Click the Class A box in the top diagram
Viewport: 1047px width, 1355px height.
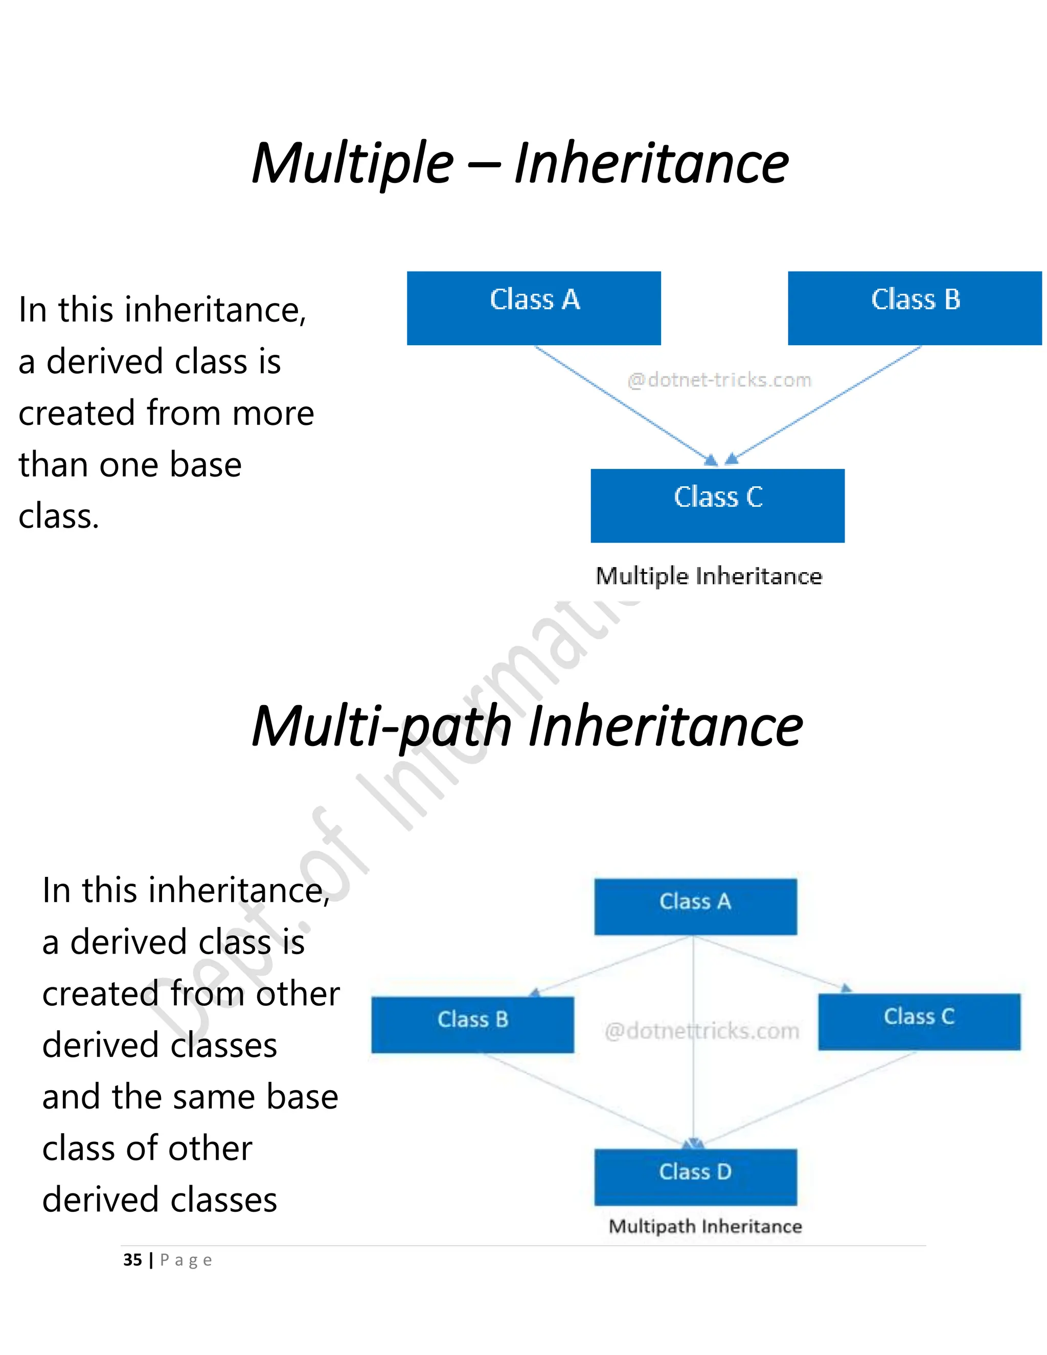pyautogui.click(x=533, y=308)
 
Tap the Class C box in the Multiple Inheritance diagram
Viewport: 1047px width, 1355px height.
pyautogui.click(x=717, y=505)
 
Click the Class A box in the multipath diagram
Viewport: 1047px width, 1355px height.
pyautogui.click(x=695, y=906)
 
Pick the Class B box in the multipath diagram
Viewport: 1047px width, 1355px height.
pyautogui.click(x=473, y=1024)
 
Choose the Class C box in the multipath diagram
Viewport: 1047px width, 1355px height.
pyautogui.click(x=919, y=1021)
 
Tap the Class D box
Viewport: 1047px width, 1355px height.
pyautogui.click(x=695, y=1177)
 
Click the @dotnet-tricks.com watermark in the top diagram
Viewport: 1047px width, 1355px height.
pyautogui.click(x=719, y=380)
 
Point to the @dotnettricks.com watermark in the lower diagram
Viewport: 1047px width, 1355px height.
pyautogui.click(x=701, y=1031)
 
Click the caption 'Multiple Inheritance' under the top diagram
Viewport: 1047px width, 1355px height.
pyautogui.click(x=709, y=576)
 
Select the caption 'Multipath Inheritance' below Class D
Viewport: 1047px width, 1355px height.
pyautogui.click(x=705, y=1226)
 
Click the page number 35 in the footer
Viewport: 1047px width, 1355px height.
pyautogui.click(x=132, y=1259)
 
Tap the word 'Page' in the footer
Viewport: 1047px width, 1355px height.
pyautogui.click(x=186, y=1260)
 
